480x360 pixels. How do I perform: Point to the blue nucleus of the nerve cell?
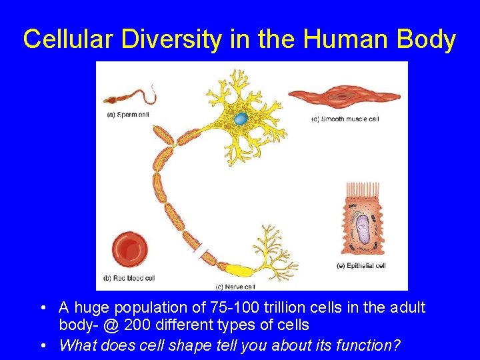coord(240,119)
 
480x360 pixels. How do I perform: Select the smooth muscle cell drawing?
coord(344,97)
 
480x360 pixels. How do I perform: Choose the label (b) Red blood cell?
coord(129,278)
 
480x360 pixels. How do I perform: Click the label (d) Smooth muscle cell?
coord(345,119)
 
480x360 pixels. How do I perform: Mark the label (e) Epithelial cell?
coord(362,266)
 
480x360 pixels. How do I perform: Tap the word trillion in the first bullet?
coord(267,308)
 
